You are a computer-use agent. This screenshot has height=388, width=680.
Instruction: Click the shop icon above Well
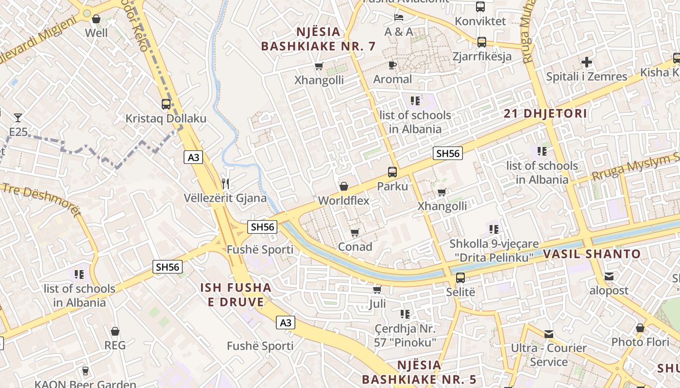96,19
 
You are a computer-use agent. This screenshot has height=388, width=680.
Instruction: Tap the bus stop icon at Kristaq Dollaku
166,104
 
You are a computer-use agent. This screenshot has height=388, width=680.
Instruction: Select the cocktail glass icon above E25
18,117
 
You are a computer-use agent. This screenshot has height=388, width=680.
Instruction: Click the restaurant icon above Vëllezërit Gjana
225,183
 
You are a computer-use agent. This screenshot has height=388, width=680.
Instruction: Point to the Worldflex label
343,200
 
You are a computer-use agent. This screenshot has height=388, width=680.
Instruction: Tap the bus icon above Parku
392,172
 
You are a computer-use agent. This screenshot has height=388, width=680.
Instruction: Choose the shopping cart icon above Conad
355,233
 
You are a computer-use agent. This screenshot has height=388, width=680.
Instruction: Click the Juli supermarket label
377,304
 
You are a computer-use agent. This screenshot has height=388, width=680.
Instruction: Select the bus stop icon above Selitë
460,278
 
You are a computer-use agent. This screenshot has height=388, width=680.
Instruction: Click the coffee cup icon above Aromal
392,65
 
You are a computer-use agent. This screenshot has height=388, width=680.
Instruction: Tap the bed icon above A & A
398,17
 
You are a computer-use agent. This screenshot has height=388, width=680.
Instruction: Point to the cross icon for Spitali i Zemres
587,62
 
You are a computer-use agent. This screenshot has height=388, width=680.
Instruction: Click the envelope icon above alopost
609,276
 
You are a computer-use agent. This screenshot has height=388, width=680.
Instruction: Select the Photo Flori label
640,342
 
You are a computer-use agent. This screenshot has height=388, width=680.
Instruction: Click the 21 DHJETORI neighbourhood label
545,114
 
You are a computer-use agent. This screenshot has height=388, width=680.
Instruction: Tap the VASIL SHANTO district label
592,254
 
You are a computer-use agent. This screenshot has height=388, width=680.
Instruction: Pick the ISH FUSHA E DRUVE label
236,295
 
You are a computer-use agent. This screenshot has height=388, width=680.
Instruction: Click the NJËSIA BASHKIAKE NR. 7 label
318,39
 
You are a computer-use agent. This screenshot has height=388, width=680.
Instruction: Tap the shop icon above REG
115,331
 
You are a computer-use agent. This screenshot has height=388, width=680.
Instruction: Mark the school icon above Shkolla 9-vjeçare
494,229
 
